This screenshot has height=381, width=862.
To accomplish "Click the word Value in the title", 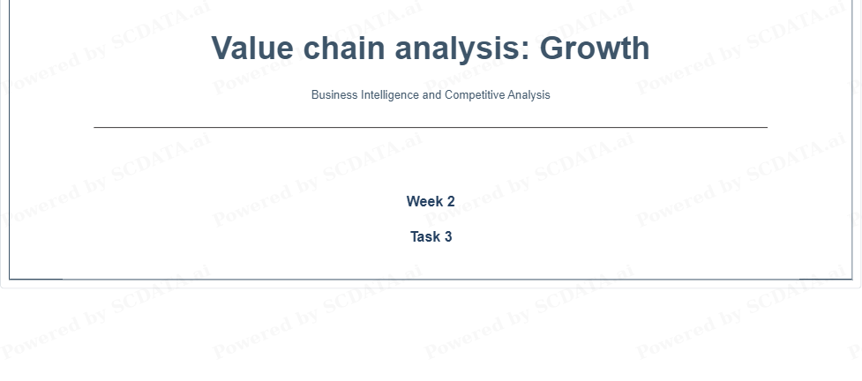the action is click(252, 48).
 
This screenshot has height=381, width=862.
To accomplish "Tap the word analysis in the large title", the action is click(456, 49).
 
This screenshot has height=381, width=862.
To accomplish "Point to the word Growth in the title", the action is click(598, 48).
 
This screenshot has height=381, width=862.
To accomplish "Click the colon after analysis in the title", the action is click(525, 51).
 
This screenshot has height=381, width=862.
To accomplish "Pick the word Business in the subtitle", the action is click(334, 94).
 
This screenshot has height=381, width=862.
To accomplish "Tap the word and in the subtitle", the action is click(432, 94).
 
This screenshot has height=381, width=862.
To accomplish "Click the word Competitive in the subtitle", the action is click(475, 95).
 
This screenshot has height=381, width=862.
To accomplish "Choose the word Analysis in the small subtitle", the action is click(528, 95).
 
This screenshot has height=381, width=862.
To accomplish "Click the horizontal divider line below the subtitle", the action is click(431, 128).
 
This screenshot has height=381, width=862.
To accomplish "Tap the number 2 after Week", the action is click(451, 202).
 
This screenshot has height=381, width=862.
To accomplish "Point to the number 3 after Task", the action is click(448, 237).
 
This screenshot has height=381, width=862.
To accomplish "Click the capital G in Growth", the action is click(558, 48).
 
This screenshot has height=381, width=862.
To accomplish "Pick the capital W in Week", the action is click(414, 202).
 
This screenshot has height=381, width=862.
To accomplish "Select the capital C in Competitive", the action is click(449, 94).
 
